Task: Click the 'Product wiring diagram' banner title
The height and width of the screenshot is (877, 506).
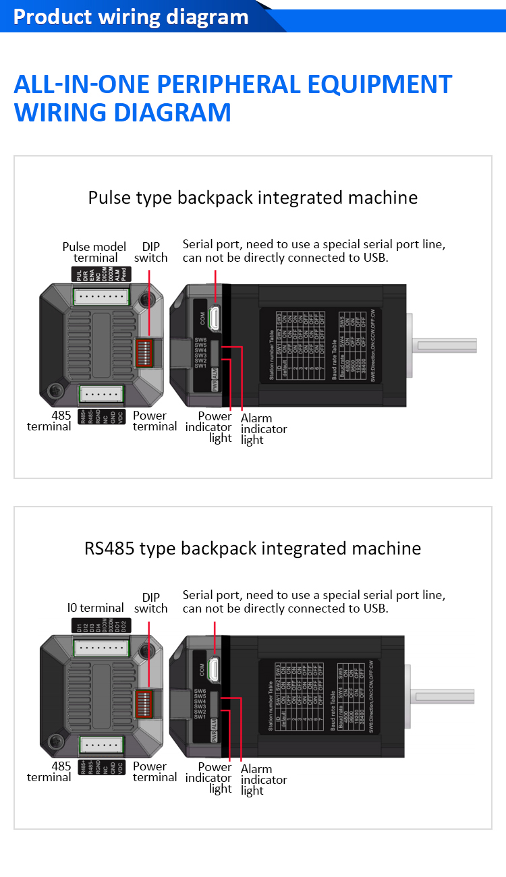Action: point(131,17)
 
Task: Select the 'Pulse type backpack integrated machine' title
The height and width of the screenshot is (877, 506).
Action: point(253,198)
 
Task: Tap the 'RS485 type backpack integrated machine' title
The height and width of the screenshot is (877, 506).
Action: point(253,548)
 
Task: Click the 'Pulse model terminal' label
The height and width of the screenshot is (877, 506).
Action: point(94,252)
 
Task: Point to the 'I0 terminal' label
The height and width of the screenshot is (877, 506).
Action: point(96,608)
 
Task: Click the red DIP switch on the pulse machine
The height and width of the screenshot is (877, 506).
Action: point(144,351)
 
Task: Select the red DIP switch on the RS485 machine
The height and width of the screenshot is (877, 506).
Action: point(144,702)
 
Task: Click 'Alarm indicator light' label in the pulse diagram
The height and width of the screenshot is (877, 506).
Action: point(264,429)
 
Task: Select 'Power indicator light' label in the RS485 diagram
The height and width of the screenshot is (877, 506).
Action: point(215,778)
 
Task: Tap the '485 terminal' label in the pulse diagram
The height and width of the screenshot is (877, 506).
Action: point(49,421)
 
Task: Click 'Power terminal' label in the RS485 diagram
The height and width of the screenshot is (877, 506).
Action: point(154,772)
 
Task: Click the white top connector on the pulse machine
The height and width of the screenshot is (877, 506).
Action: point(102,296)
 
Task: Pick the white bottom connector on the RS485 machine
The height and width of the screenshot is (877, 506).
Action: point(102,745)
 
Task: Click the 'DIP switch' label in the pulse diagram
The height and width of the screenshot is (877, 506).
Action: point(151,252)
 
